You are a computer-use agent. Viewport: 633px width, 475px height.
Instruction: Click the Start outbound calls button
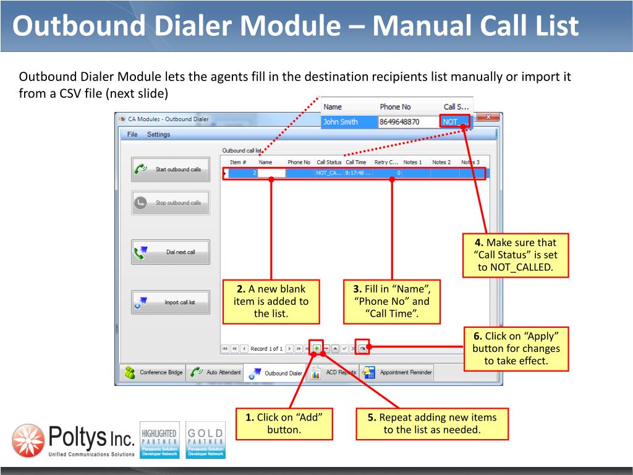tap(170, 169)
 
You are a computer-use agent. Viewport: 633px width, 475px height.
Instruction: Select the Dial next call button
tap(170, 252)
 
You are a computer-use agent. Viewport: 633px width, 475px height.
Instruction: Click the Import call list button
tap(170, 302)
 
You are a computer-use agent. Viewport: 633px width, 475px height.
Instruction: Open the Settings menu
tap(158, 134)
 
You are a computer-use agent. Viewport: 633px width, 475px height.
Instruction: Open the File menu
tap(132, 134)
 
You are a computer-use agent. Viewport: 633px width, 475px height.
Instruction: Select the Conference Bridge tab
tap(154, 372)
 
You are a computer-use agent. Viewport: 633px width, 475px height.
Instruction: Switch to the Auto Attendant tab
tap(216, 372)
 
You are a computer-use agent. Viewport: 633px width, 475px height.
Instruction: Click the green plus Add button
tap(316, 349)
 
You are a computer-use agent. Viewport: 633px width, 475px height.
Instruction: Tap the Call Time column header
tap(356, 162)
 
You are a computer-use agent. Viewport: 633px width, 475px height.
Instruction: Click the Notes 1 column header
tap(412, 162)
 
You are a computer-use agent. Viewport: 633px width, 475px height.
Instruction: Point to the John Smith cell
tap(348, 122)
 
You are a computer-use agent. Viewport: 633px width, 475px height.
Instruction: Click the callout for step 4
tap(516, 255)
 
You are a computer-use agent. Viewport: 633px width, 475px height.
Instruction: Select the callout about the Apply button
tap(516, 349)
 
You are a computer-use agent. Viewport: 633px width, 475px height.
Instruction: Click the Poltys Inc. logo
tap(73, 440)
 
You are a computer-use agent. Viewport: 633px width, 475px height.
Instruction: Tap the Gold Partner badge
tap(206, 440)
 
